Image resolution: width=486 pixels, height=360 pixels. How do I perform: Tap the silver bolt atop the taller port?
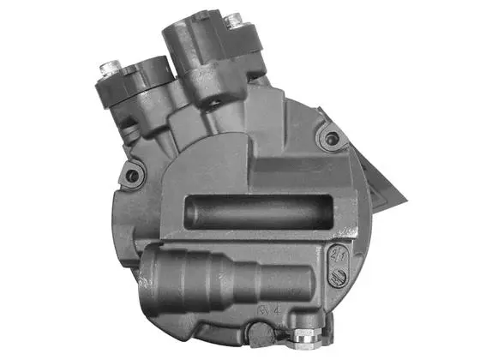click(231, 18)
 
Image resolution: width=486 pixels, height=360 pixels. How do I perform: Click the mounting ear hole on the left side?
click(132, 176)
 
